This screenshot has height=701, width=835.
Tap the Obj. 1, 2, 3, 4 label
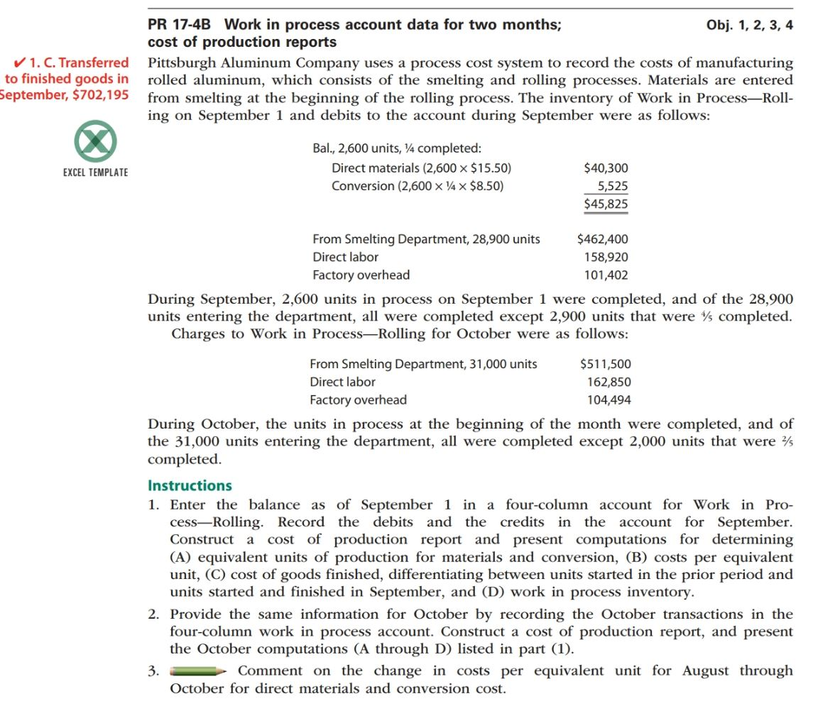[750, 25]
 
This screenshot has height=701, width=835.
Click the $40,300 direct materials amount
[605, 168]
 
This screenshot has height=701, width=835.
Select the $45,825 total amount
[605, 204]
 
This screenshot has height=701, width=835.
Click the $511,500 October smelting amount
[605, 364]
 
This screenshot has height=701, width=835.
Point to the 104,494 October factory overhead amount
[608, 400]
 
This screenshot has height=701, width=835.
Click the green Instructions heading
[190, 486]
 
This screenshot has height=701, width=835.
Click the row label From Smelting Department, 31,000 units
[423, 364]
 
